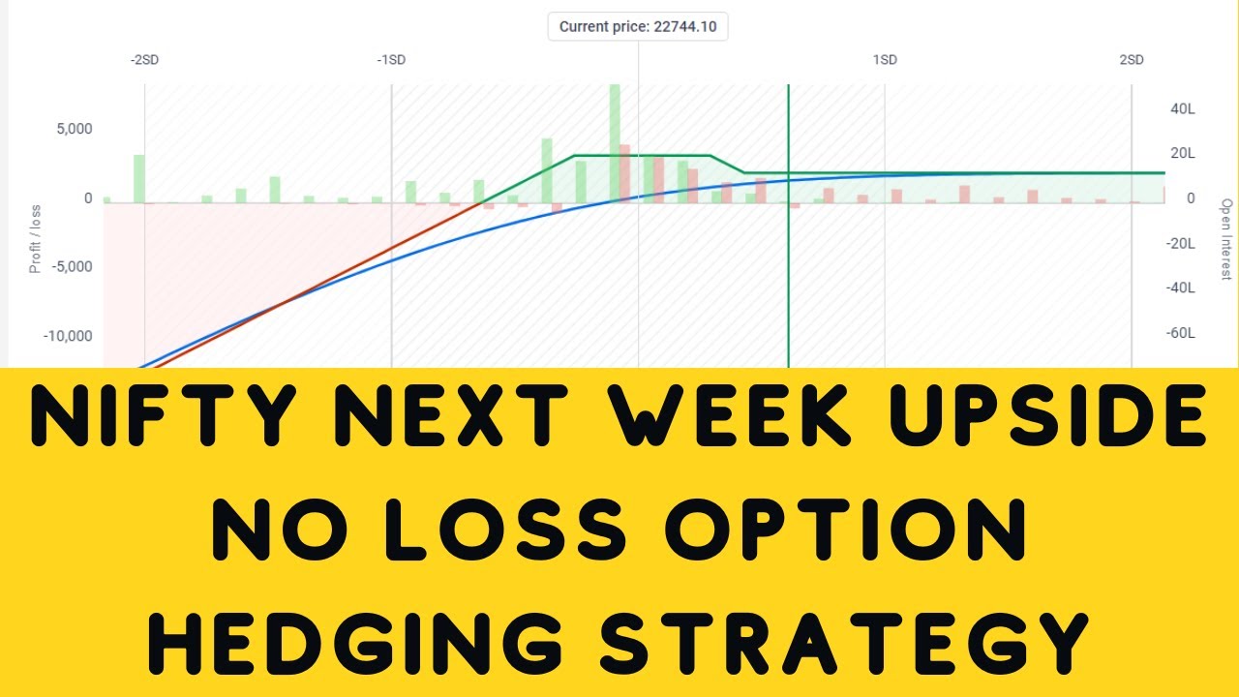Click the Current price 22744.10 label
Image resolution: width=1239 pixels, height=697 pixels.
[x=638, y=27]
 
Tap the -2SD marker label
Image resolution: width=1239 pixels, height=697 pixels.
[x=144, y=60]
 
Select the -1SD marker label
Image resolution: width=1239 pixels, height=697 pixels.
[x=391, y=60]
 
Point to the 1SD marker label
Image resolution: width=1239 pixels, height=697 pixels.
[x=885, y=60]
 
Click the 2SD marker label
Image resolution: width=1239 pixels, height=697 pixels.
[x=1132, y=60]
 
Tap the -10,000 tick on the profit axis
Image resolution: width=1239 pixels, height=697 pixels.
[x=68, y=336]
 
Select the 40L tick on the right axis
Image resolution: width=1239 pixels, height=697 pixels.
[x=1183, y=109]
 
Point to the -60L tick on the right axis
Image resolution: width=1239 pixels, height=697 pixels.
[x=1181, y=333]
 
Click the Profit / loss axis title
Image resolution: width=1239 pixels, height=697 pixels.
[x=36, y=237]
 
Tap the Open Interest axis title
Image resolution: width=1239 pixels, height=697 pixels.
[x=1226, y=240]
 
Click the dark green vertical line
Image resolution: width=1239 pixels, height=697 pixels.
[x=788, y=271]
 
